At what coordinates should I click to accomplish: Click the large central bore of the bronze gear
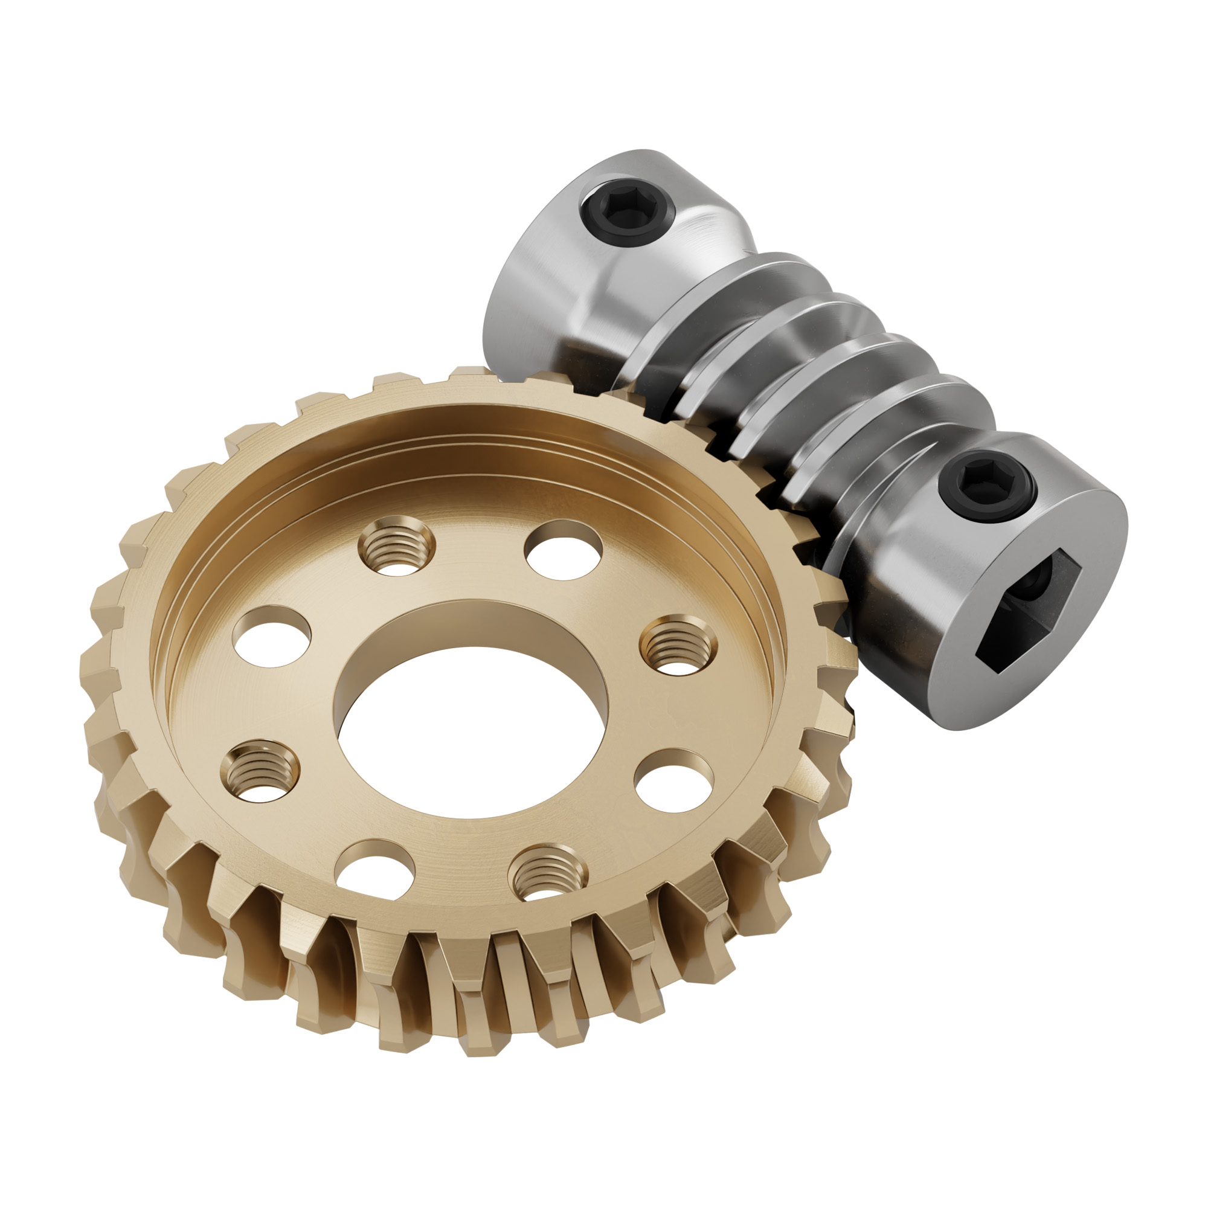coord(469,731)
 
